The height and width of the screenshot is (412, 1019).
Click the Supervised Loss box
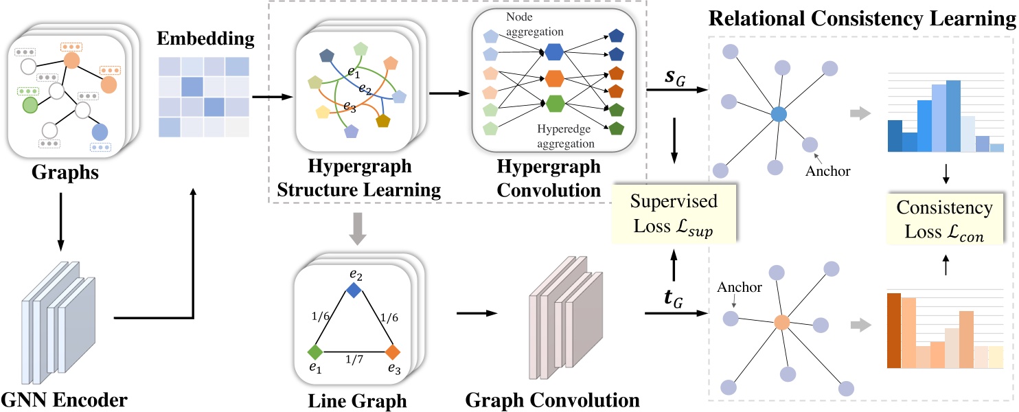(x=674, y=213)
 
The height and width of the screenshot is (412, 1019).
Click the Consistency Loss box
(x=945, y=219)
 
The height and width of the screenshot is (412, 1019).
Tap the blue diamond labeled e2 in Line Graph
(x=354, y=290)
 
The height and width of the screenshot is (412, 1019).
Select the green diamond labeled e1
(x=315, y=352)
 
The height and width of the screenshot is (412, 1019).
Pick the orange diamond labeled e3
(x=393, y=352)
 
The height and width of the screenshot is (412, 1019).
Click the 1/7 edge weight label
(x=354, y=360)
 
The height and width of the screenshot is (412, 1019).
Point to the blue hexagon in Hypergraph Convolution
(x=554, y=51)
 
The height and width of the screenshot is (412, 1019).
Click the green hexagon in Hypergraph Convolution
(x=555, y=104)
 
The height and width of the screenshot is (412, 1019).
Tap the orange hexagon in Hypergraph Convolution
(x=555, y=79)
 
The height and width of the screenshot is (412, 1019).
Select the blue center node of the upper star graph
(x=779, y=114)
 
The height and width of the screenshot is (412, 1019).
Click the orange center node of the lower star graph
(x=782, y=323)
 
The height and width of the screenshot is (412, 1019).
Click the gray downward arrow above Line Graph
(x=358, y=229)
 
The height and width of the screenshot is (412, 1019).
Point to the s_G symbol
(x=674, y=78)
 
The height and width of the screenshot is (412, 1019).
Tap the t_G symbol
(x=673, y=299)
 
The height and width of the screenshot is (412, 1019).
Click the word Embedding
(x=205, y=39)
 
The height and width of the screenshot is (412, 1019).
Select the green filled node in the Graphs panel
(x=30, y=105)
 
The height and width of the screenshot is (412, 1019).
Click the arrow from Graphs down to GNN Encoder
(x=60, y=222)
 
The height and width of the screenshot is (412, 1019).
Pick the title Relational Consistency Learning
(x=862, y=19)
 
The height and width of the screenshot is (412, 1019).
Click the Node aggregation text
(x=534, y=24)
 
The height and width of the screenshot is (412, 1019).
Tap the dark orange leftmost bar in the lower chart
(x=894, y=330)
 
